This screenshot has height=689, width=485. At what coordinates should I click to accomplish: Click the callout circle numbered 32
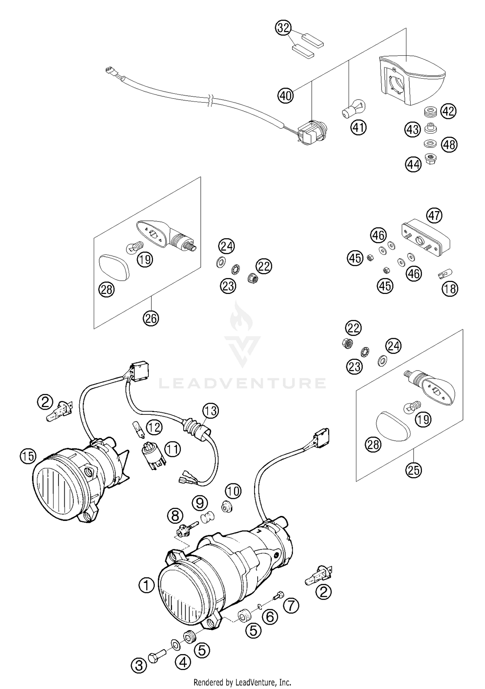click(x=283, y=28)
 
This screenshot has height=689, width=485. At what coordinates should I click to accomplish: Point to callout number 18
click(x=450, y=288)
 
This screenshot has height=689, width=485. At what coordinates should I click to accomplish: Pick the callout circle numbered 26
click(x=151, y=319)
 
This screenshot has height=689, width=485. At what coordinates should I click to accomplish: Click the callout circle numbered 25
click(x=414, y=470)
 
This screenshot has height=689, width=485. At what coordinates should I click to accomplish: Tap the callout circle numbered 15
click(x=28, y=456)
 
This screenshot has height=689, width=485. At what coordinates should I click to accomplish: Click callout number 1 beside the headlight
click(x=147, y=585)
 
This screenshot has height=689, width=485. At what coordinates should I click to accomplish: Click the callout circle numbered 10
click(x=233, y=492)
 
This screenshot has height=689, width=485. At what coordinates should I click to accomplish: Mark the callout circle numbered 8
click(x=175, y=516)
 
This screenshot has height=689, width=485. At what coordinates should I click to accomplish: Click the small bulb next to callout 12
click(x=137, y=429)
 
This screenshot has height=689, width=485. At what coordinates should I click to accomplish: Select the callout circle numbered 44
click(x=414, y=165)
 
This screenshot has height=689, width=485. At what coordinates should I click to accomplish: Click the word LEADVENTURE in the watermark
click(x=242, y=383)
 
